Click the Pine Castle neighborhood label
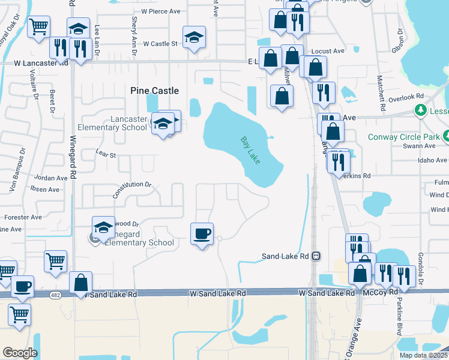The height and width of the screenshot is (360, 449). coord(155,91)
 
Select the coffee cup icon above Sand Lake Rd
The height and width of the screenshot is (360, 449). coord(202,233)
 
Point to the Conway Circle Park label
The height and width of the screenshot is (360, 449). coord(412,137)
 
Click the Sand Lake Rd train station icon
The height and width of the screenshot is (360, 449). coord(316,256)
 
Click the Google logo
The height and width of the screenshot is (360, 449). coord(20,353)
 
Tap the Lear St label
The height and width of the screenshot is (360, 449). coord(106,155)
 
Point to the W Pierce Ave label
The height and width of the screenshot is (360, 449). coord(161,11)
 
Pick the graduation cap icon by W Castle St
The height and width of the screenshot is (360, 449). coord(194,37)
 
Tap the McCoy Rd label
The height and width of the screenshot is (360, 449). coord(380,292)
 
